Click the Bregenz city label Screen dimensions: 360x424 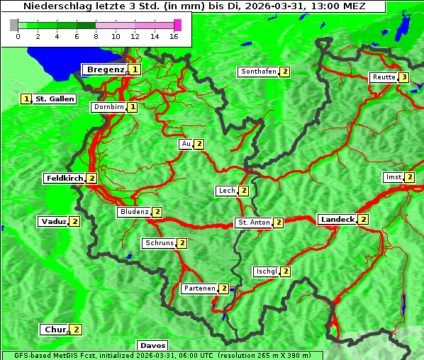(x=105, y=69)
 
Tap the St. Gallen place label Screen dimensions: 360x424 (x=55, y=99)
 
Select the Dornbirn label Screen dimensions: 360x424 (x=108, y=107)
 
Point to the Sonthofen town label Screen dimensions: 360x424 (x=258, y=72)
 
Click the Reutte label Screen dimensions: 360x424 (x=383, y=77)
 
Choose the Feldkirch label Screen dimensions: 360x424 (x=65, y=178)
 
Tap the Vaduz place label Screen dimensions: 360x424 (x=53, y=221)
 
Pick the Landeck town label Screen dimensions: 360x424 (x=337, y=220)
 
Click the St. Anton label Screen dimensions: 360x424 (x=253, y=223)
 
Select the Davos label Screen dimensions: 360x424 (x=152, y=345)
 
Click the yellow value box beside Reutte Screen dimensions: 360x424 (x=403, y=77)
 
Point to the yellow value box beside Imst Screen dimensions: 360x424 (x=409, y=177)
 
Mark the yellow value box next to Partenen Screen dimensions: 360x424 (x=223, y=288)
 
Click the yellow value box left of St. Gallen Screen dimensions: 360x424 (x=26, y=99)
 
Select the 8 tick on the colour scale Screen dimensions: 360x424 (x=95, y=36)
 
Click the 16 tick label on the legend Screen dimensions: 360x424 (x=174, y=36)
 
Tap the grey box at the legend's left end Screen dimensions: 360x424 (x=14, y=25)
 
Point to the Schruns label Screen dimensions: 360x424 (x=159, y=243)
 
